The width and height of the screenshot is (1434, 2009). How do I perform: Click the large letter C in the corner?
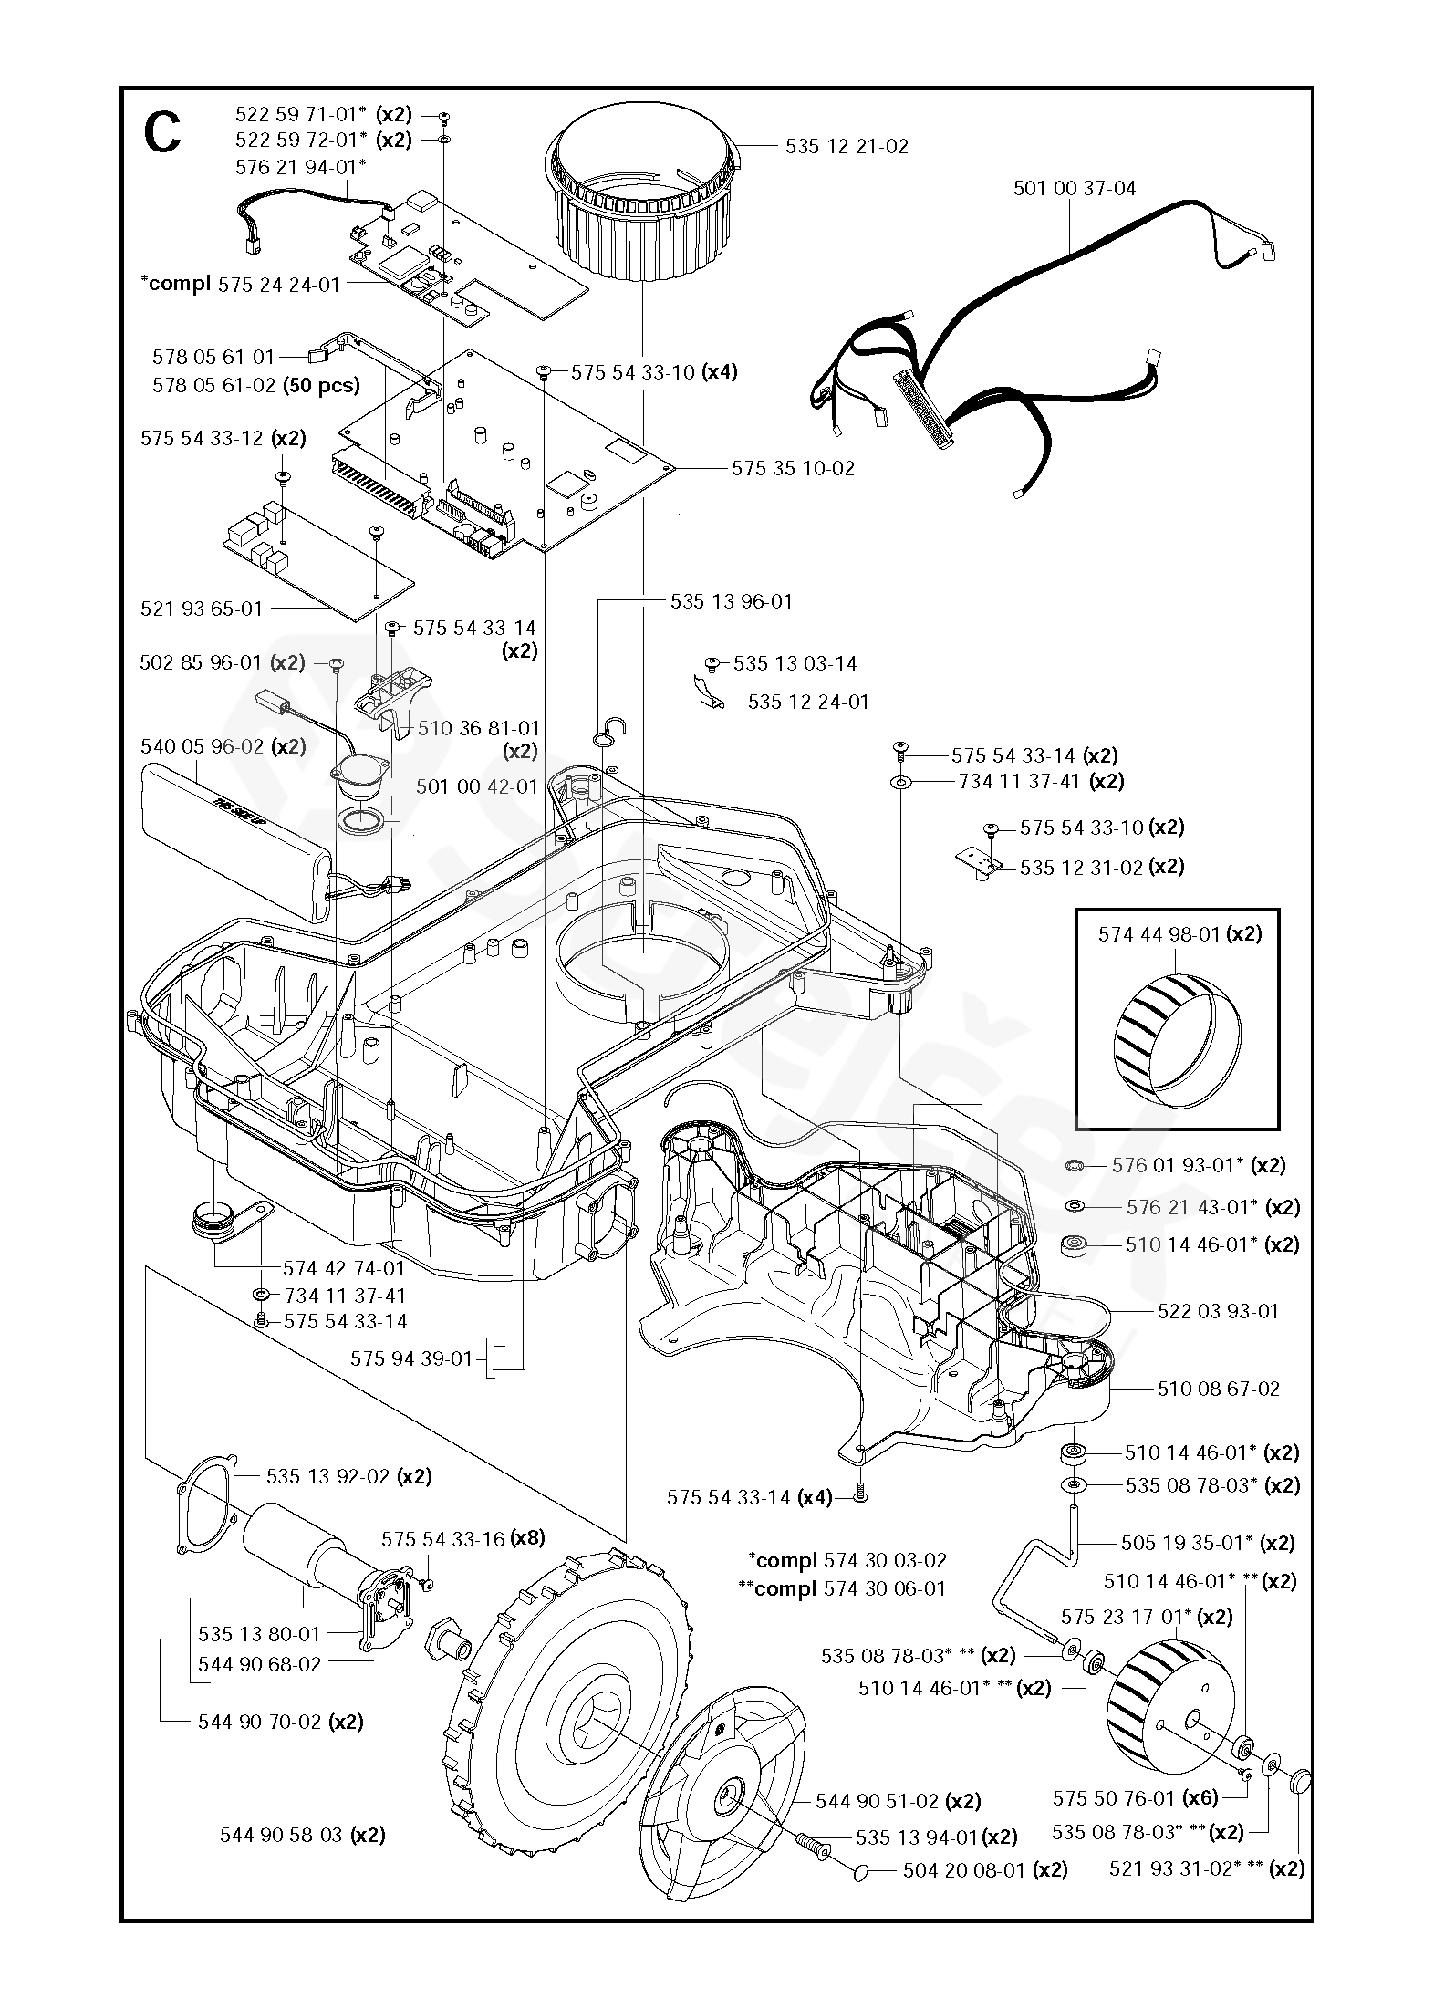click(x=162, y=134)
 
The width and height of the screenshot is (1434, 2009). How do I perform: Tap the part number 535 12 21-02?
click(x=847, y=147)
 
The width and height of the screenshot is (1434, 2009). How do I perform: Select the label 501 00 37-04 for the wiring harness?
click(x=1075, y=189)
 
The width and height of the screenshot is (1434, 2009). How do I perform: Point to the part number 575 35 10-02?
click(x=793, y=468)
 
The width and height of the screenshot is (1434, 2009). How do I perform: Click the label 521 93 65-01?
click(x=202, y=609)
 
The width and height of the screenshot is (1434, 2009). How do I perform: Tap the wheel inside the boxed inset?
click(x=1177, y=1039)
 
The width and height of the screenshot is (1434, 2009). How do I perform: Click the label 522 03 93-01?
click(x=1218, y=1311)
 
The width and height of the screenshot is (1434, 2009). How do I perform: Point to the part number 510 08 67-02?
click(x=1218, y=1389)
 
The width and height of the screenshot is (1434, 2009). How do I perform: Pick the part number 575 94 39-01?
click(x=411, y=1358)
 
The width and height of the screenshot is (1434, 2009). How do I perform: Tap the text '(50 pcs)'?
click(x=321, y=385)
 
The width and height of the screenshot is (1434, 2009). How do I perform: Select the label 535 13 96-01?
click(x=732, y=601)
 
